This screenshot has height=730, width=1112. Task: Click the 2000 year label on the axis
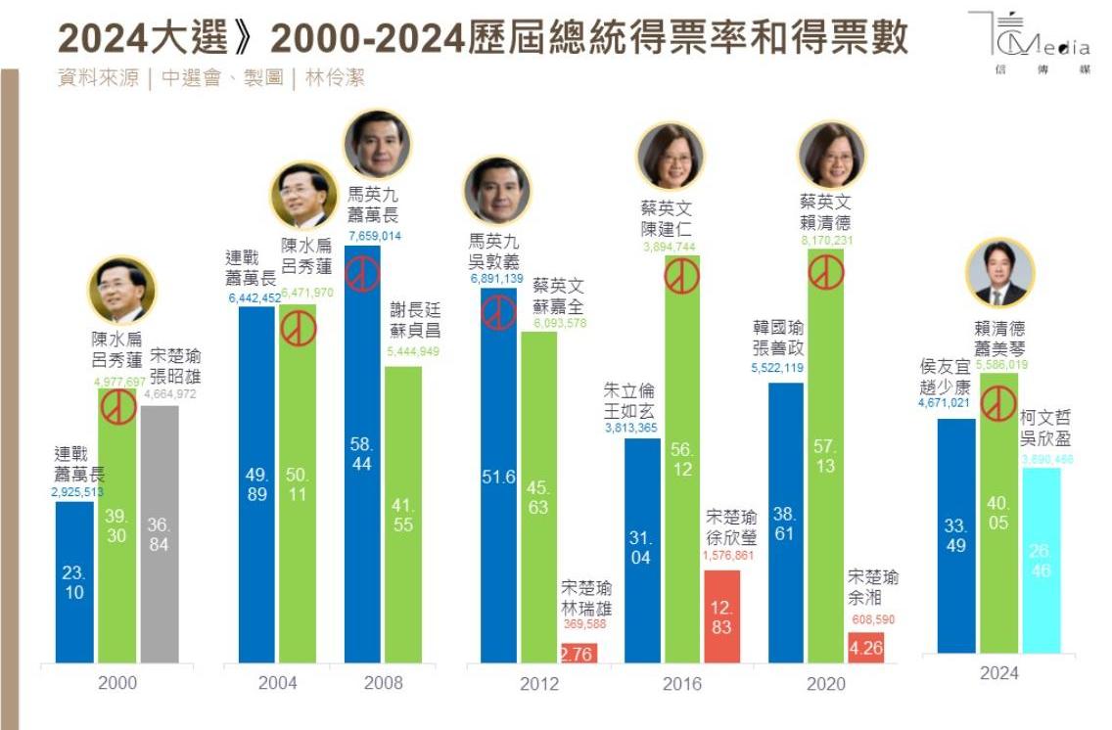tap(117, 682)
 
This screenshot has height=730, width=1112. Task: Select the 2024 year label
tap(998, 672)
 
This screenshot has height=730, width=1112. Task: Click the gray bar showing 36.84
tap(159, 533)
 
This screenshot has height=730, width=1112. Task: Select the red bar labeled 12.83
tap(721, 616)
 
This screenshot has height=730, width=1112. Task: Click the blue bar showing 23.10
tap(74, 582)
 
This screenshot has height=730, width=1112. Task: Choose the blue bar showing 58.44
tap(362, 455)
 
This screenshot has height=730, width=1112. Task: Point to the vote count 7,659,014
tap(374, 236)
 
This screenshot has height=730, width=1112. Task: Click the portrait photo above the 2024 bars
tap(1000, 273)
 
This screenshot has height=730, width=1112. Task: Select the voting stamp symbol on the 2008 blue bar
tap(362, 274)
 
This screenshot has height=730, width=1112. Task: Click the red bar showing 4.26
tap(865, 648)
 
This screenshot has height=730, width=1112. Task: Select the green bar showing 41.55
tap(402, 514)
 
